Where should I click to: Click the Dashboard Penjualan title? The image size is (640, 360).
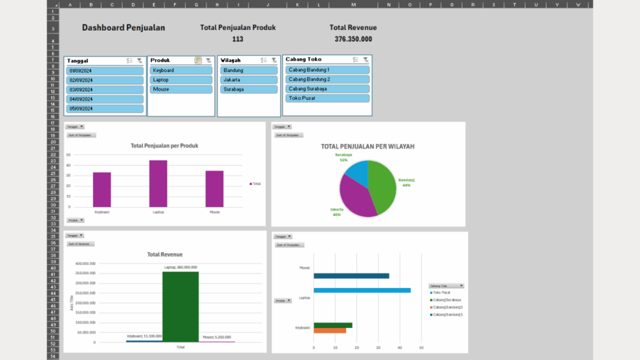coord(123,28)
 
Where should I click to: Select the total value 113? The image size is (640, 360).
coord(237,39)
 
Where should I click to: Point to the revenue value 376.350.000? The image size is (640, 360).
coord(353,39)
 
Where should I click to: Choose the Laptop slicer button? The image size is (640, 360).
coord(181,80)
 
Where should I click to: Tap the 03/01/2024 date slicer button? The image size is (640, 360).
coord(105,89)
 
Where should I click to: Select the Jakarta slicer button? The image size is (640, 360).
coord(249,80)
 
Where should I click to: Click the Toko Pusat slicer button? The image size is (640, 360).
coord(327,98)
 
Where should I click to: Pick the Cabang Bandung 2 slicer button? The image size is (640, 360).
coord(327,79)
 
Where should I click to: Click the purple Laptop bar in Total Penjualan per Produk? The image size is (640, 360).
coord(158,183)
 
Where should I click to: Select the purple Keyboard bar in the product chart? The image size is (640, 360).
coord(102,189)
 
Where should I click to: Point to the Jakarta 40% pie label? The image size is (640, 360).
coord(337,212)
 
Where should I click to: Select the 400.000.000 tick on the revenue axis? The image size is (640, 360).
coord(85,264)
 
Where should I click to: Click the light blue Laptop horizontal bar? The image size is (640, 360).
coord(362,290)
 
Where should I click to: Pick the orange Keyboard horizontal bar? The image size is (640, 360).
coord(329,331)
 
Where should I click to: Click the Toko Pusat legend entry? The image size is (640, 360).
coord(442,292)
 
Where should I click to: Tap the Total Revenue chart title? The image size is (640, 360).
coord(165,254)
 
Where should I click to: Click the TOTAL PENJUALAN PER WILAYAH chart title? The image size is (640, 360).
coord(367,146)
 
